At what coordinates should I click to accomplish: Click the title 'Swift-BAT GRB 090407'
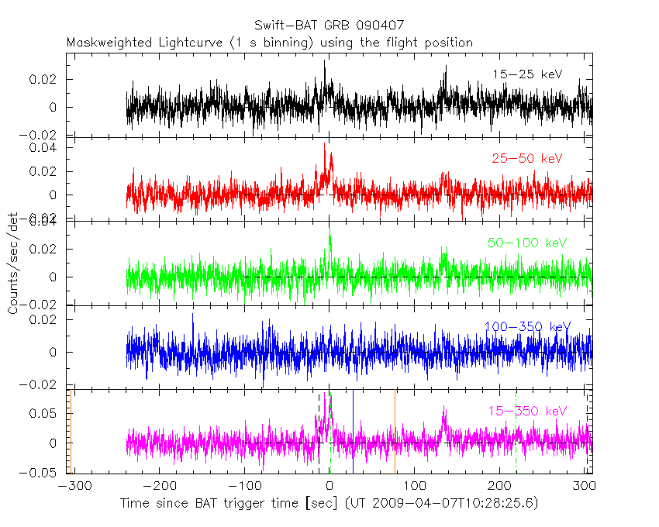coord(329,26)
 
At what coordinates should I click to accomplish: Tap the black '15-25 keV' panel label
coord(526,74)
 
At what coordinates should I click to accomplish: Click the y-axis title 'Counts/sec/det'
coord(13,263)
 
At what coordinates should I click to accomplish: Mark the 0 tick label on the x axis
coord(330,487)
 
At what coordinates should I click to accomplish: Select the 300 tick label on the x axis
coord(585,487)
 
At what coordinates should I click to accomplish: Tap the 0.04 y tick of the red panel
coord(46,147)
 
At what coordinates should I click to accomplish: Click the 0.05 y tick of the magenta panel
coord(46,413)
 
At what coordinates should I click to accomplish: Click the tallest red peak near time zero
coord(326,144)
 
